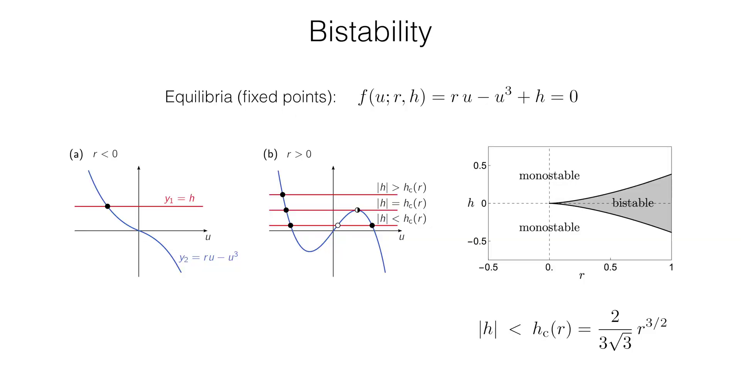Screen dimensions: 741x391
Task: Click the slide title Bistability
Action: tap(370, 32)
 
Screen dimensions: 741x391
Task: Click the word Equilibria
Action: tap(198, 97)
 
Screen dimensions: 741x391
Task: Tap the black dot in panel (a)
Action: tap(108, 206)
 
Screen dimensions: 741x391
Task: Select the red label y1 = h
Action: tap(179, 199)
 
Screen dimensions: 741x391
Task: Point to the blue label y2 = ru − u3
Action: tap(208, 257)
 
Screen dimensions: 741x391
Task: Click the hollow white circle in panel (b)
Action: tap(338, 225)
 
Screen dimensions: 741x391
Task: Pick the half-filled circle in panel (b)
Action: tap(357, 210)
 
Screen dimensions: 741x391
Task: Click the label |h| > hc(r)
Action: tap(401, 187)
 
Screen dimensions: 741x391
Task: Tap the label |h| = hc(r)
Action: tap(401, 203)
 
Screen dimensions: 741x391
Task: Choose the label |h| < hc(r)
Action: tap(401, 219)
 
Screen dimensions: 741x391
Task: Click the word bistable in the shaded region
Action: tap(633, 203)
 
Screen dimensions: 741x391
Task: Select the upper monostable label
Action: tap(549, 176)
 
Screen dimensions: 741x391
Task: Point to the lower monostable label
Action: tap(549, 228)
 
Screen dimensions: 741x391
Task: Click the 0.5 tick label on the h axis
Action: tap(480, 166)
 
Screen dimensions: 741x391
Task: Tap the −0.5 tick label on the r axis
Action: tap(488, 267)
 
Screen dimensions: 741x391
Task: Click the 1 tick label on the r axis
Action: tap(671, 267)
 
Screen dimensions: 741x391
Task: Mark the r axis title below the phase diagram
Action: tap(582, 276)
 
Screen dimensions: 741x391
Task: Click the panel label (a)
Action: tap(76, 155)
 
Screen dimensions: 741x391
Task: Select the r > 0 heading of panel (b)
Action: tap(299, 154)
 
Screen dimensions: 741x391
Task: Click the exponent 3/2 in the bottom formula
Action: tap(657, 323)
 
